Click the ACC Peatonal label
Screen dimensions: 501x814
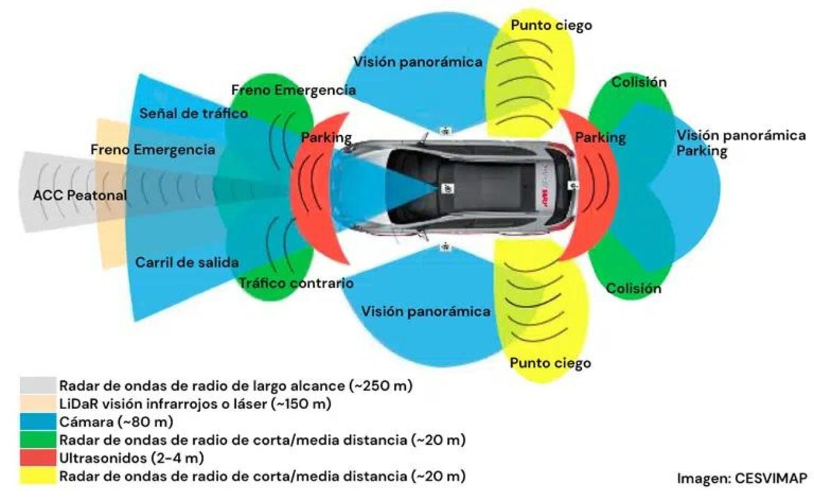[80, 196]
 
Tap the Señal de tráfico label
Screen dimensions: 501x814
[193, 113]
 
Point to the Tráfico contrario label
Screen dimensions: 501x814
[296, 283]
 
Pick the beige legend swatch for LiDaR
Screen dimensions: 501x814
[38, 401]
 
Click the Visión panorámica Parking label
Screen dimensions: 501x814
[740, 144]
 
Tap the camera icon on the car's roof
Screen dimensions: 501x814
[448, 188]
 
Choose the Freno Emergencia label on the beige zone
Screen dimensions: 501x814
[153, 150]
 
